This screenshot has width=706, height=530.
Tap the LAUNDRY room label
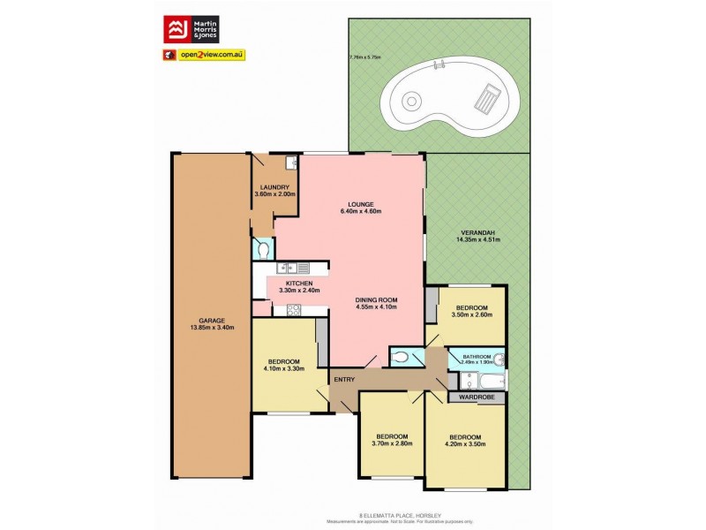[x=274, y=187]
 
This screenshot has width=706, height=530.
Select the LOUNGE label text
[x=361, y=204]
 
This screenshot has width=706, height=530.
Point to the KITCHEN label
[x=300, y=283]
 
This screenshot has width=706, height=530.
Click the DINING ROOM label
[x=377, y=299]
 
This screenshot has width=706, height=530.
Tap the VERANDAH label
[x=478, y=231]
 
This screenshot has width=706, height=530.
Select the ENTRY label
[x=344, y=380]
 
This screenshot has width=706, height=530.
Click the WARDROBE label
[x=477, y=397]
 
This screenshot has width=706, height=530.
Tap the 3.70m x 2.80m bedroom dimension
[x=392, y=445]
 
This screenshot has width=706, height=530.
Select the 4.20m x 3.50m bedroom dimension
[x=464, y=445]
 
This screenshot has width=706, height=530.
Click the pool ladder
[x=438, y=66]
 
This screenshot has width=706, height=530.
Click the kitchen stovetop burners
[x=294, y=309]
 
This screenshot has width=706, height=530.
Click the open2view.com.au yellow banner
[x=211, y=55]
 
